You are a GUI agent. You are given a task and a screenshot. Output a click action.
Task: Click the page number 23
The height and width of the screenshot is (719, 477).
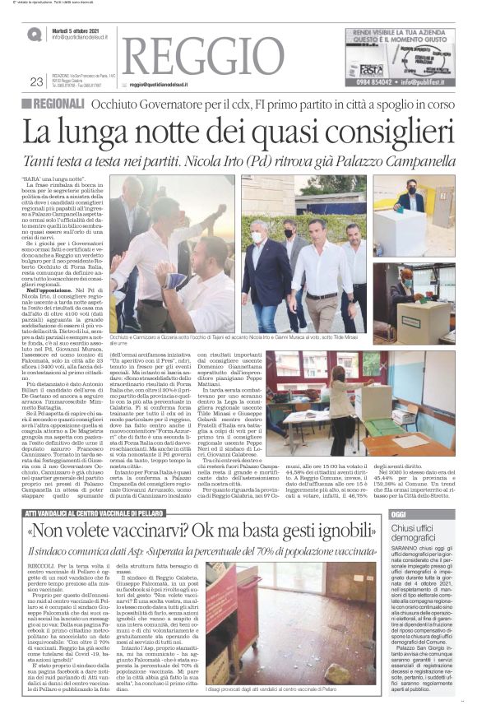coord(36,81)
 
